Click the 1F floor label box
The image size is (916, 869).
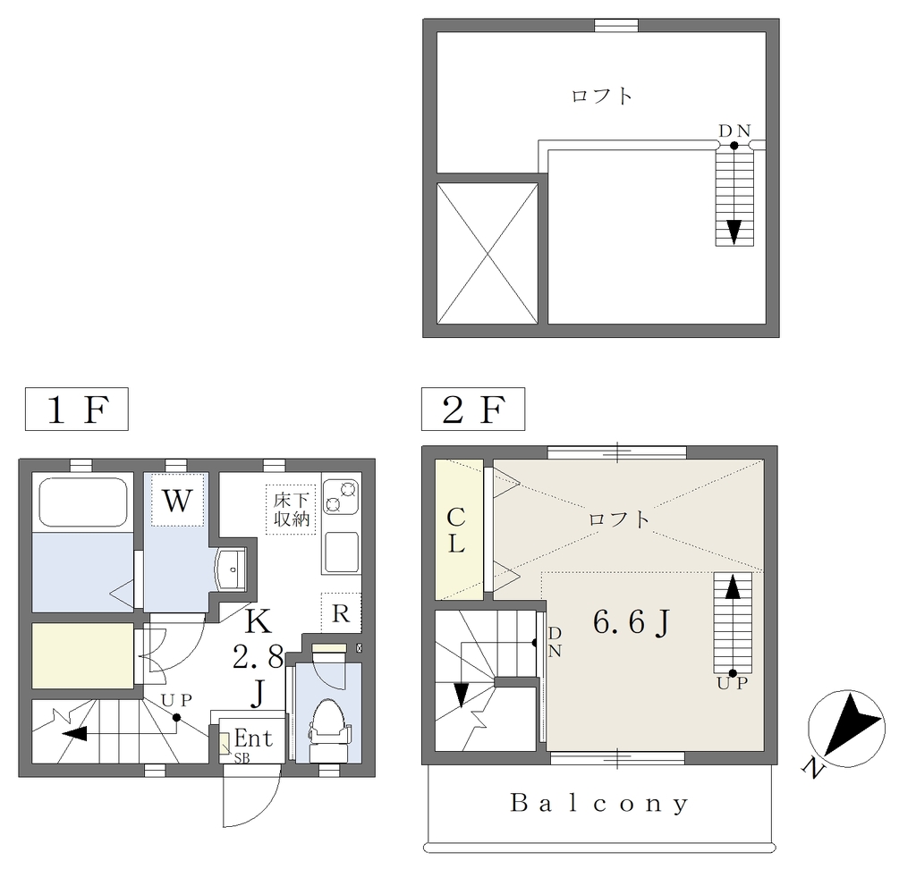(x=77, y=409)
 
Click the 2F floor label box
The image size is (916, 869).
(x=473, y=409)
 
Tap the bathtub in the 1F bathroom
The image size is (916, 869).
(x=83, y=502)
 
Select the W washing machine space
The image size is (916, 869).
(x=177, y=500)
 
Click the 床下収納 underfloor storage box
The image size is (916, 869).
(x=291, y=510)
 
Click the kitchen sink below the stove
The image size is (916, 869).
(x=341, y=552)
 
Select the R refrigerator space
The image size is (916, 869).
(x=341, y=612)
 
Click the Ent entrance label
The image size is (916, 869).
(x=253, y=738)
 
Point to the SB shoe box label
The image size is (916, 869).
(x=242, y=759)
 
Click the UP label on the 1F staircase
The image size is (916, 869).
(x=176, y=700)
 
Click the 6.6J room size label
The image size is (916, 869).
(x=631, y=622)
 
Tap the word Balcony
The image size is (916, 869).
(x=599, y=803)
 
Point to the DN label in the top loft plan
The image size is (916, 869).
(x=734, y=131)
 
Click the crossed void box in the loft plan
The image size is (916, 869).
(x=488, y=254)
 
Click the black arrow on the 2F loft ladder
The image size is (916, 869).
(x=733, y=586)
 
